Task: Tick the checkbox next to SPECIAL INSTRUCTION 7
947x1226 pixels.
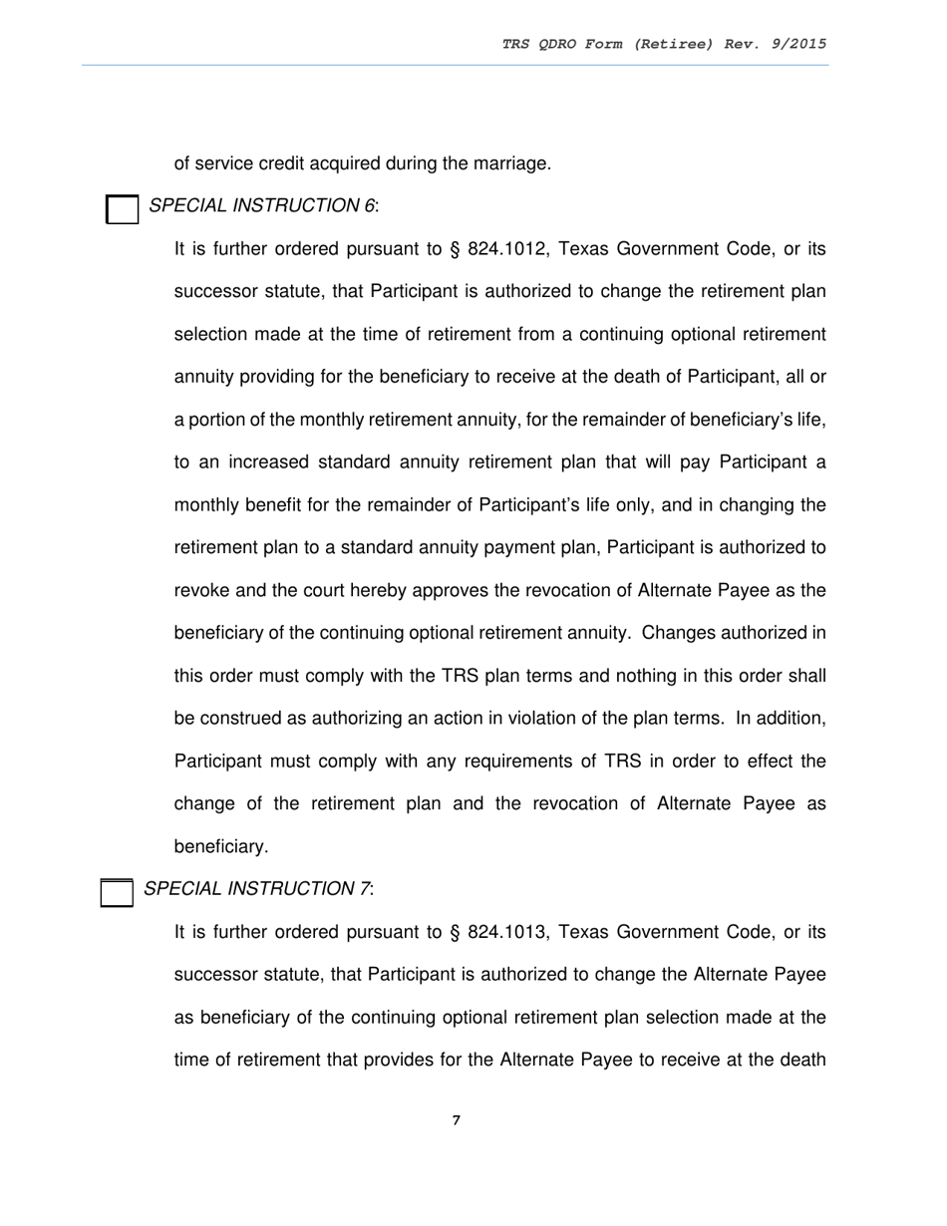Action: point(118,892)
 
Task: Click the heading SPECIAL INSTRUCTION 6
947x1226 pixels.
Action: point(262,206)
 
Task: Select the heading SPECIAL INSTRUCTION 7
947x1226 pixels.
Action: point(258,889)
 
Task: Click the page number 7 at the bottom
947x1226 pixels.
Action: point(457,1120)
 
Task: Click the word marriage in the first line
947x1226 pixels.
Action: point(513,163)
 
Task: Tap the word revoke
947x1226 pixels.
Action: point(202,590)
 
